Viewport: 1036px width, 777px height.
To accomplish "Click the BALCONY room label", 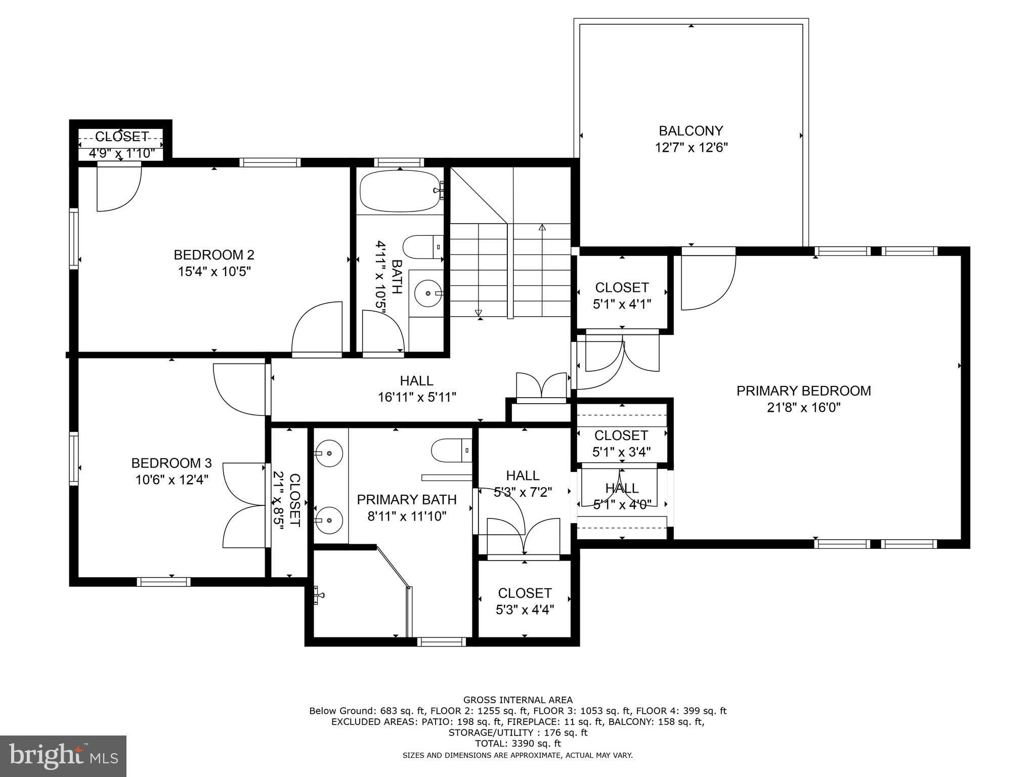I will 690,131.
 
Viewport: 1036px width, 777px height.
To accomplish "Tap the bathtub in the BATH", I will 399,191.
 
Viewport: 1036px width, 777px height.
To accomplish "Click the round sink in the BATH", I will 428,293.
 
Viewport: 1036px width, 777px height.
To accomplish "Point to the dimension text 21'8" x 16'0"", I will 803,408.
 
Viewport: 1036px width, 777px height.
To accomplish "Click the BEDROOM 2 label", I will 214,254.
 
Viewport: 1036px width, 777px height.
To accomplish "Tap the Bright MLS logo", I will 63,756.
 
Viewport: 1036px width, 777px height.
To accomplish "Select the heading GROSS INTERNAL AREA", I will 518,700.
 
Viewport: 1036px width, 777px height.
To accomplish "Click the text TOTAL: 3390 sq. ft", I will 518,744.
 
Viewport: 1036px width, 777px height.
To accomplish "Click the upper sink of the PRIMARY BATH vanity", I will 329,453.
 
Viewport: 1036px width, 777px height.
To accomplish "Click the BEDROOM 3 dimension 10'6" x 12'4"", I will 171,480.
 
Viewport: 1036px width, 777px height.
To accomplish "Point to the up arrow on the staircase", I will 542,228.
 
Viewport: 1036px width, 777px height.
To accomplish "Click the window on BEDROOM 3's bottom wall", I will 163,582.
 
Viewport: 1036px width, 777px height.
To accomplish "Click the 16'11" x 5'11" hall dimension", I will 417,398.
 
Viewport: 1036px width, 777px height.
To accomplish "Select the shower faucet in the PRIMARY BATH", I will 318,595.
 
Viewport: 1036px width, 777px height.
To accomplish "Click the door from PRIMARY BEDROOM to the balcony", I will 708,281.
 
